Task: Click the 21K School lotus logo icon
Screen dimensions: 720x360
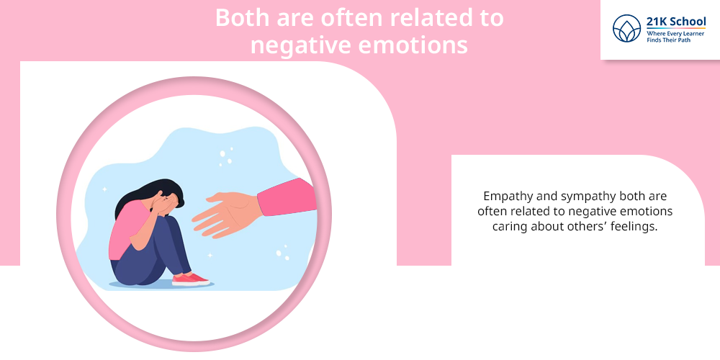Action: pyautogui.click(x=626, y=29)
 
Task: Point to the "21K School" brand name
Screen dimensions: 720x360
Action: pyautogui.click(x=676, y=22)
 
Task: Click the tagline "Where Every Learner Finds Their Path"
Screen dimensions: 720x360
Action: pyautogui.click(x=675, y=37)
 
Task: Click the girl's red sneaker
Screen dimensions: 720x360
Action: pyautogui.click(x=190, y=279)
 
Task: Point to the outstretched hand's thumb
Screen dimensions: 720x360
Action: pyautogui.click(x=220, y=198)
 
